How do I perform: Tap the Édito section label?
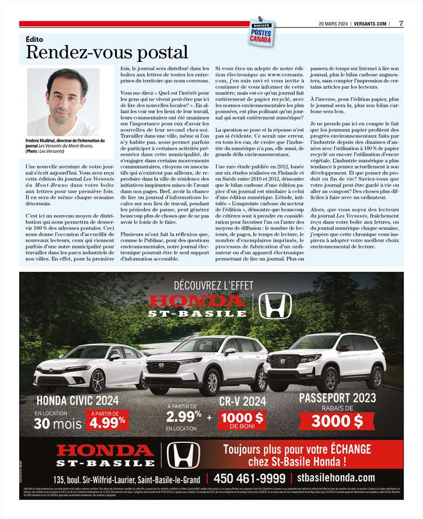35,39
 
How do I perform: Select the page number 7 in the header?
401,24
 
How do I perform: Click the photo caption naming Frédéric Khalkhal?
64,146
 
